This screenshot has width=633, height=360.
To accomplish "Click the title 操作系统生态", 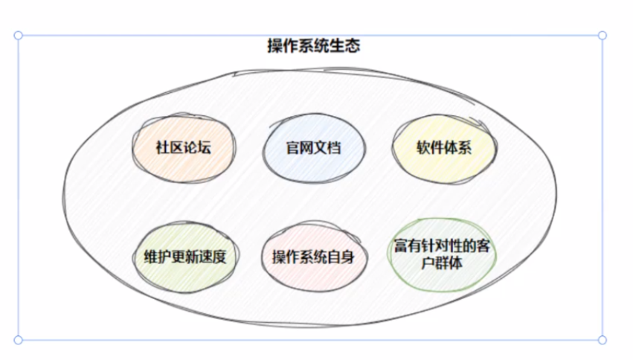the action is click(314, 46).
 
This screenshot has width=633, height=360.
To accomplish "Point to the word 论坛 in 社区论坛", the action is click(199, 147).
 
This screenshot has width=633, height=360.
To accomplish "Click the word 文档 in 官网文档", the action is click(327, 147).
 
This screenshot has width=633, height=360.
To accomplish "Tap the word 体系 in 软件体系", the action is click(459, 147).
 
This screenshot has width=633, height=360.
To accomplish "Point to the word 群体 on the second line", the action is click(452, 263).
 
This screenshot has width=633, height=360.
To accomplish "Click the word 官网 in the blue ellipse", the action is click(299, 147).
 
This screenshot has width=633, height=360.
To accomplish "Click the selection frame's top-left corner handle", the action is click(18, 35).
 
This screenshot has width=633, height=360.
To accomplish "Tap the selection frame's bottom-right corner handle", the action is click(603, 340).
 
